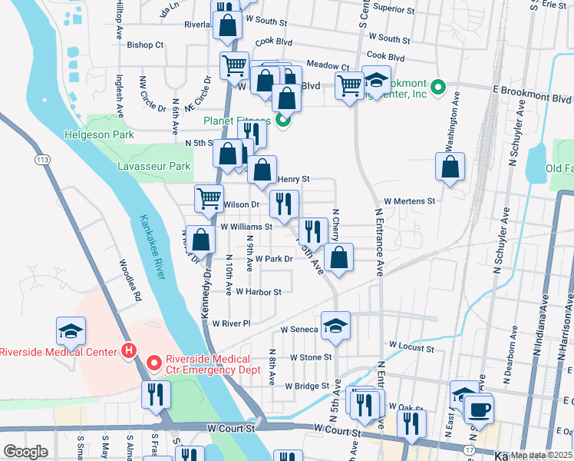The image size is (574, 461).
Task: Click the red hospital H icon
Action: (x=130, y=351)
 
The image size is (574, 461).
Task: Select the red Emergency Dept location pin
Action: (x=153, y=361)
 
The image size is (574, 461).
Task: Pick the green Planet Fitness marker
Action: (x=283, y=119)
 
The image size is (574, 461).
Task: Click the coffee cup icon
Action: (x=480, y=408)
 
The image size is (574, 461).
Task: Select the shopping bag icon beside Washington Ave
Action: (x=450, y=167)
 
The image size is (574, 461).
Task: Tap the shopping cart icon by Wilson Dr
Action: (x=209, y=199)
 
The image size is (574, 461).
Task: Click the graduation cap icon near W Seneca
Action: (x=335, y=326)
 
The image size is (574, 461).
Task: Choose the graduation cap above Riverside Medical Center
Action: (x=71, y=331)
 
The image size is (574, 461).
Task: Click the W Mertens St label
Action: (x=410, y=201)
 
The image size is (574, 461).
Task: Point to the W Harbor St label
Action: (x=259, y=292)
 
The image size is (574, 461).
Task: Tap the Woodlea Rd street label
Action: (x=129, y=280)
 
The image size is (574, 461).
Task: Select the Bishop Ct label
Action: (x=146, y=45)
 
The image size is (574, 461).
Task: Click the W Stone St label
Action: (x=311, y=357)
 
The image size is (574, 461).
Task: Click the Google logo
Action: (x=25, y=452)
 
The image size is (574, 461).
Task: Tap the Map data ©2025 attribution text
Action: (x=538, y=455)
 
